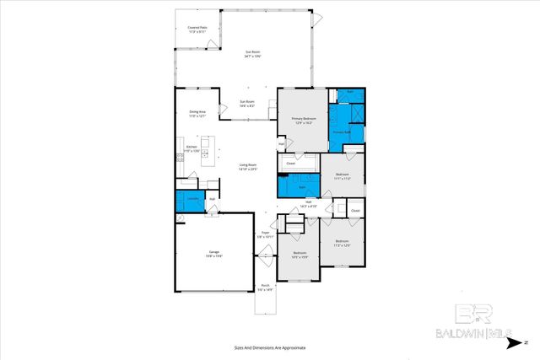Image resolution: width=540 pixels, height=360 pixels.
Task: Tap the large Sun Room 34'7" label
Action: [x=252, y=55]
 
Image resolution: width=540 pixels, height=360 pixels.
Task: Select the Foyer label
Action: [x=265, y=234]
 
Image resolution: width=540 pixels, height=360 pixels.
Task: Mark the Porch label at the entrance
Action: [x=265, y=287]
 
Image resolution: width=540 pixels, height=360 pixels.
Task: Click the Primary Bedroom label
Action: [x=301, y=121]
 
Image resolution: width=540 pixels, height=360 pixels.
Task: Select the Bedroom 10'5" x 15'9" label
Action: [x=300, y=255]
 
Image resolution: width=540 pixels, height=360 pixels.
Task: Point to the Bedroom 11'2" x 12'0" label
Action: [x=342, y=244]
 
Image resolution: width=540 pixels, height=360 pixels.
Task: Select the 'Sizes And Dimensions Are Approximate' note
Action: [x=269, y=347]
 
